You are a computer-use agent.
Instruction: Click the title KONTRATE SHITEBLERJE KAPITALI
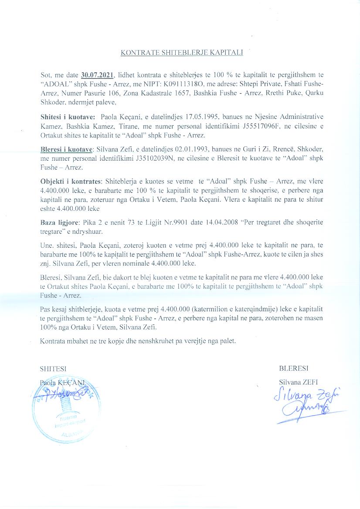[x=181, y=53]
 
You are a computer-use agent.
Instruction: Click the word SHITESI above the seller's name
[x=54, y=368]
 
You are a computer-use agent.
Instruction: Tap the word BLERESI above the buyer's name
[x=294, y=368]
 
